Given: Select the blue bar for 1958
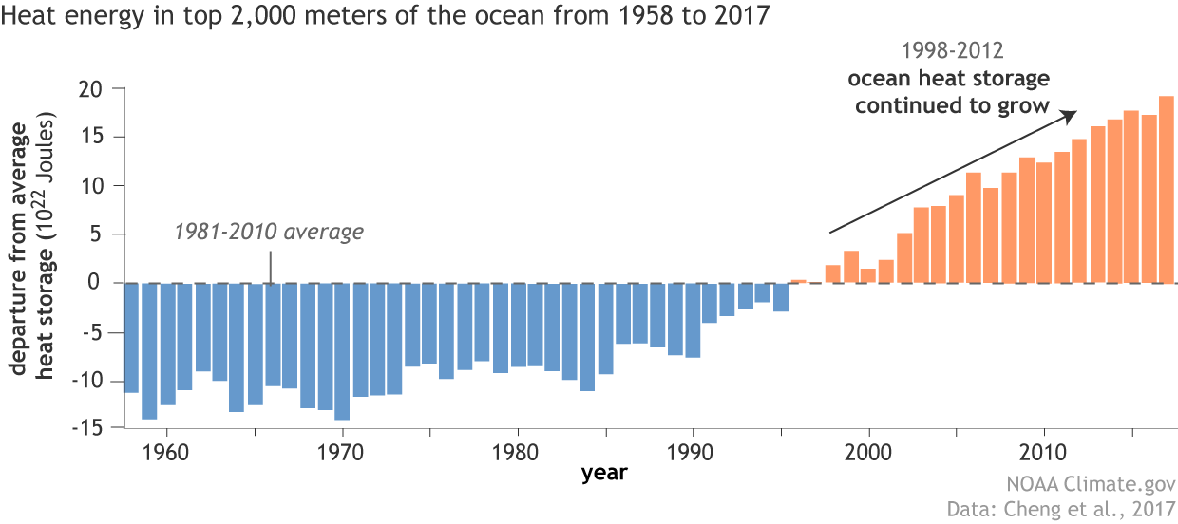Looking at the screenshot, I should (131, 337).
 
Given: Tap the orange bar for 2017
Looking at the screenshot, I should (1167, 190).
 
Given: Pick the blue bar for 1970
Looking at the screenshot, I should (342, 351).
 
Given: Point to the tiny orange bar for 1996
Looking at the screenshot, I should (798, 281).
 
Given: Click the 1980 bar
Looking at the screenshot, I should (518, 325).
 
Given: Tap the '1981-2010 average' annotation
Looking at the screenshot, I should (269, 232).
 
